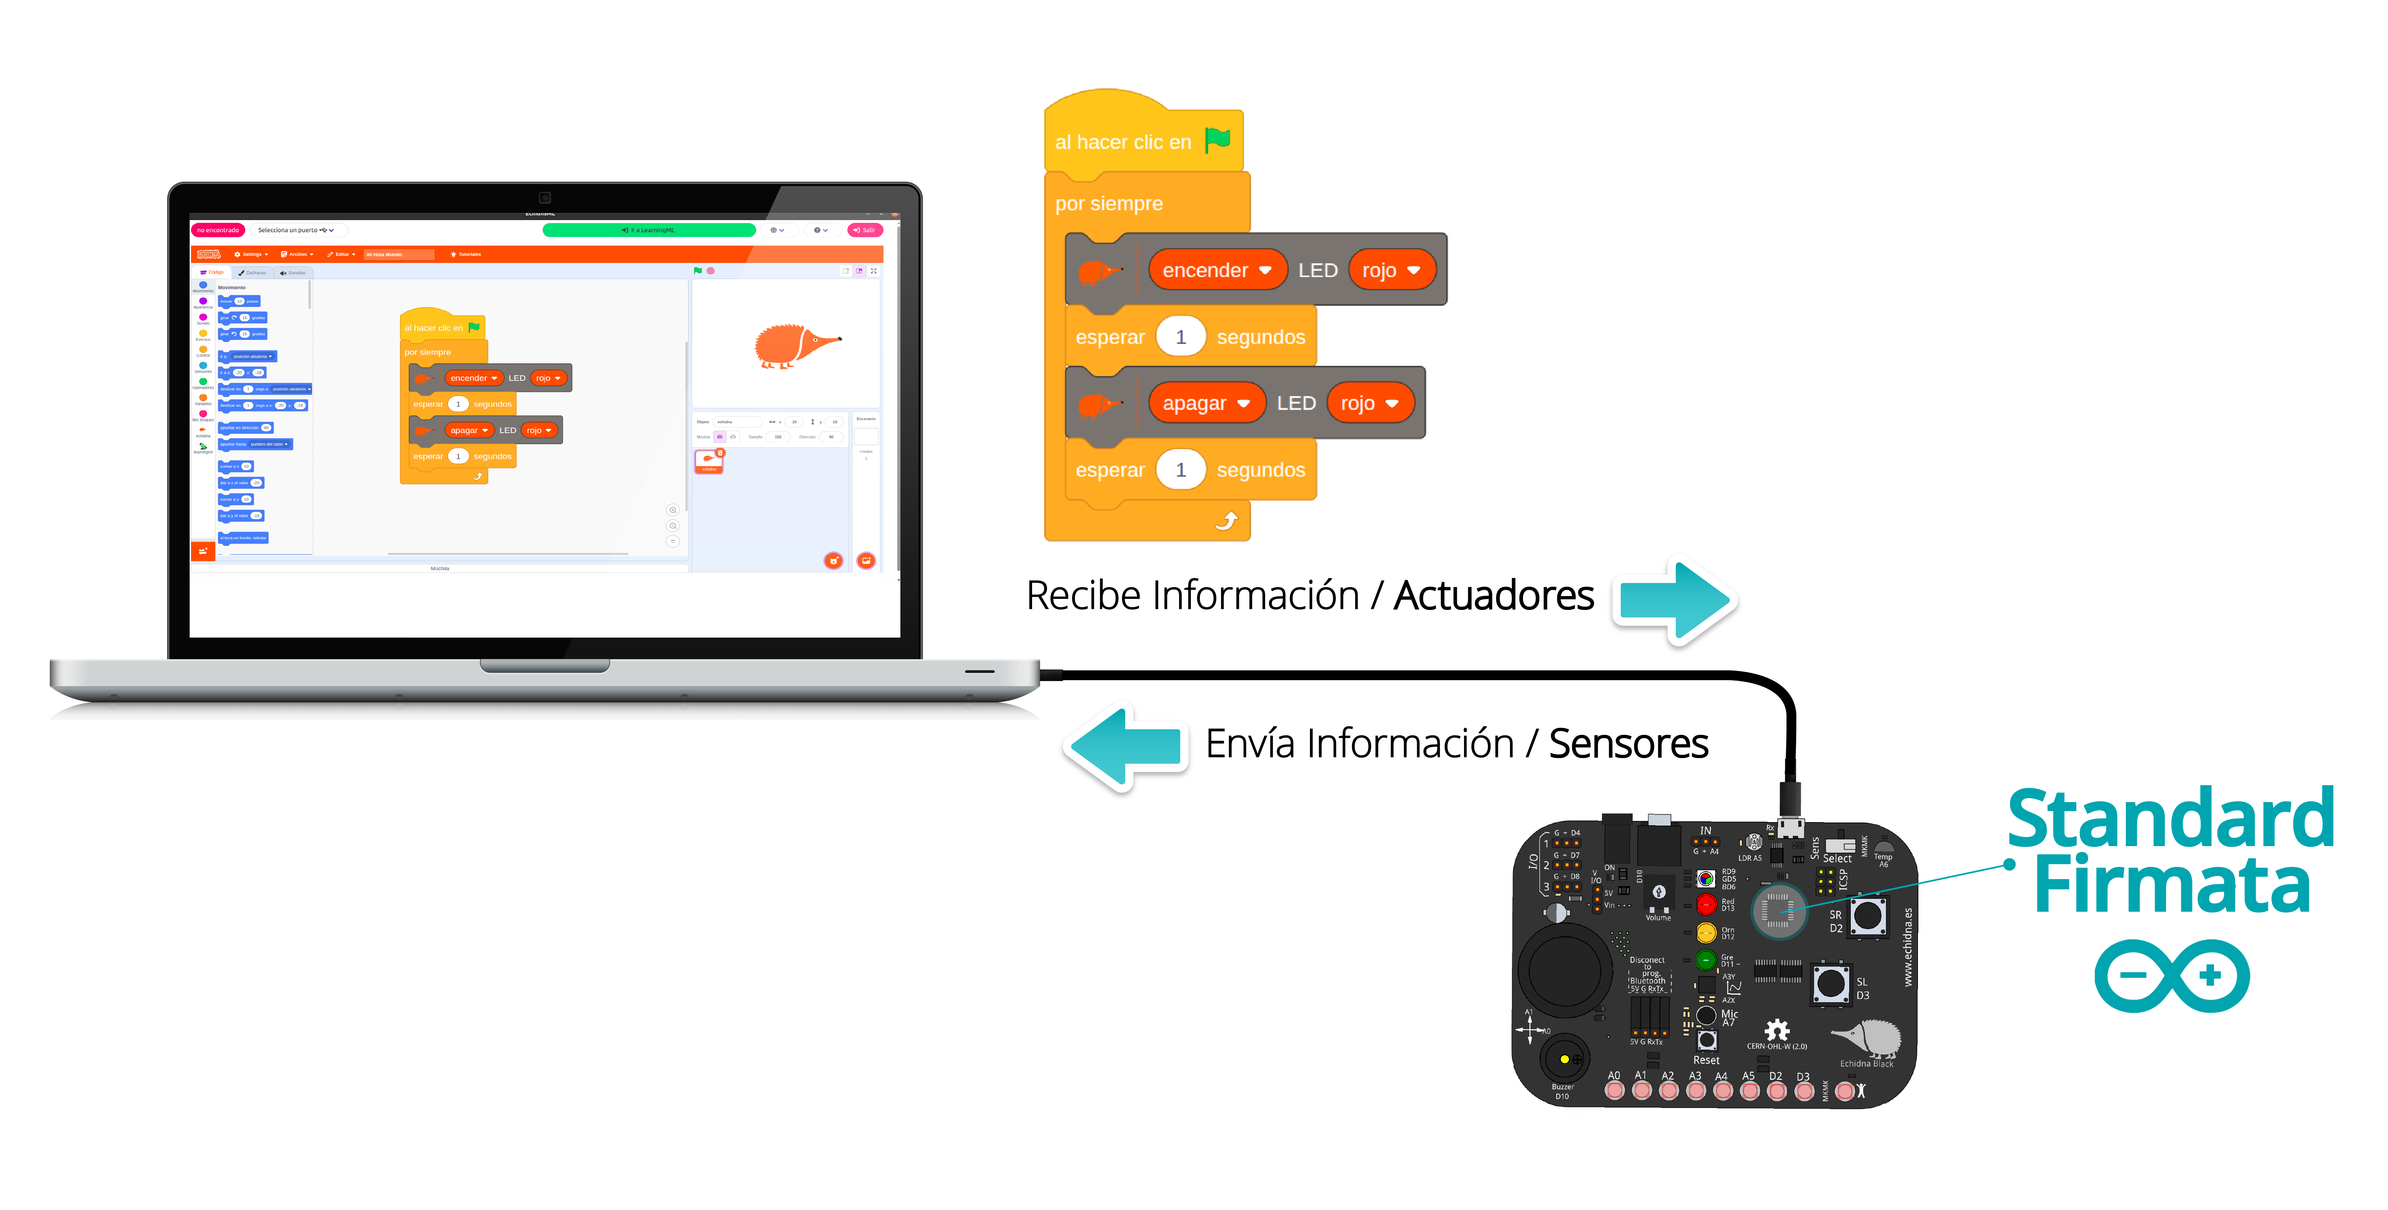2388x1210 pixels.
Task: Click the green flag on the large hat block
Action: [1217, 140]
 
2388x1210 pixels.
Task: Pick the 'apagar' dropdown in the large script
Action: [1205, 403]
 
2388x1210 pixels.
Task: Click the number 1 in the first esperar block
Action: [1180, 336]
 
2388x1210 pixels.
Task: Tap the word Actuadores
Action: [1493, 595]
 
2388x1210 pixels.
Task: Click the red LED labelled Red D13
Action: [1706, 904]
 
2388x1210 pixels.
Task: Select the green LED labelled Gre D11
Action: [1706, 960]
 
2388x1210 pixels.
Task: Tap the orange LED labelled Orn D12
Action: [1706, 932]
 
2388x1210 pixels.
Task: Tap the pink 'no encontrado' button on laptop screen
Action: [218, 230]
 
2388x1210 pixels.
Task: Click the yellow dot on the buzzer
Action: [1564, 1059]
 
